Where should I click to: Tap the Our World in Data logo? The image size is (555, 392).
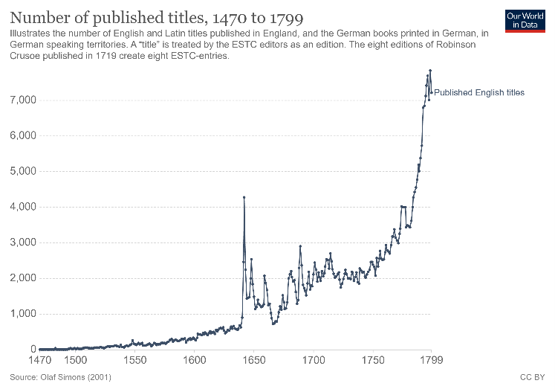tap(526, 20)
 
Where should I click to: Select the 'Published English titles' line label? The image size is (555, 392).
tap(479, 93)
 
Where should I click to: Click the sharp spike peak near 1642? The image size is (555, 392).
tap(244, 197)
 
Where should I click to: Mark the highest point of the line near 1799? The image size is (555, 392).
tap(430, 71)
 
